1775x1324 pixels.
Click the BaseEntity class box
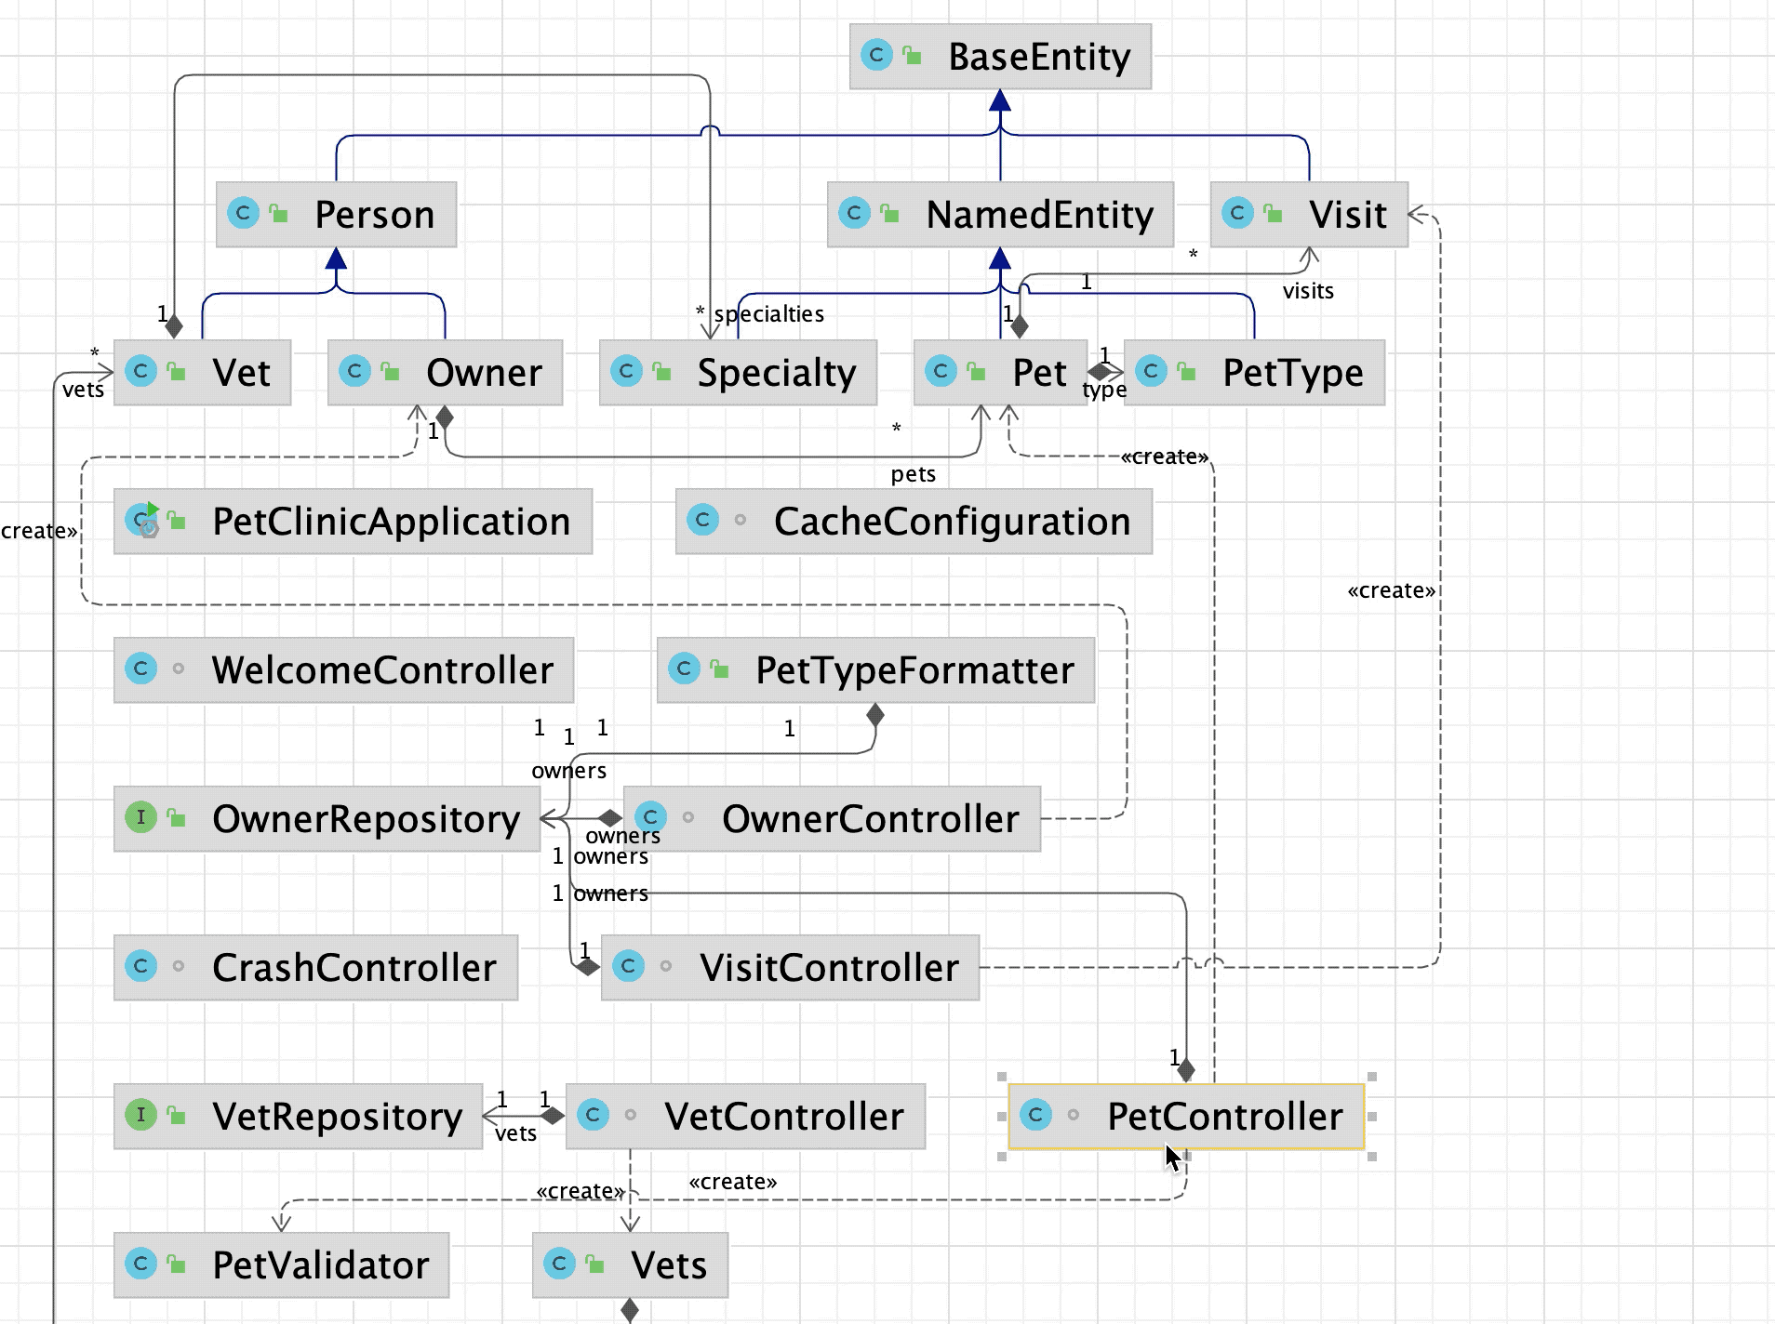1000,57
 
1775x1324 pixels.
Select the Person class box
336,215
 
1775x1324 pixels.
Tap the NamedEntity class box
1000,215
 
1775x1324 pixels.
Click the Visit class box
1309,215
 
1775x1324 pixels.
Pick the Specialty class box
738,373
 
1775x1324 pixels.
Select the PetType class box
1254,373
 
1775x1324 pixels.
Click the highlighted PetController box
1186,1116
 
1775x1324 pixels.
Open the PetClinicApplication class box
353,522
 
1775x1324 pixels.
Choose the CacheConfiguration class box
914,522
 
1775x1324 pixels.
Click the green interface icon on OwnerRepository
140,817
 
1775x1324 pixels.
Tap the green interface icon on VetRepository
140,1114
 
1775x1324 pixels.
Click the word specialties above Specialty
768,314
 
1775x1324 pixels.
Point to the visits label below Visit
1308,291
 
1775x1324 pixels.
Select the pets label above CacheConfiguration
913,474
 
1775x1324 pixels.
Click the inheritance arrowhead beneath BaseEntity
1000,100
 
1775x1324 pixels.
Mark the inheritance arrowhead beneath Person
336,258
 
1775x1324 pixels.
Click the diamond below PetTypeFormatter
874,715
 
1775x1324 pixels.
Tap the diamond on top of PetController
1186,1071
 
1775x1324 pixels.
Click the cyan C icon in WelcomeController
140,669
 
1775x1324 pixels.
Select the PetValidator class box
281,1265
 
